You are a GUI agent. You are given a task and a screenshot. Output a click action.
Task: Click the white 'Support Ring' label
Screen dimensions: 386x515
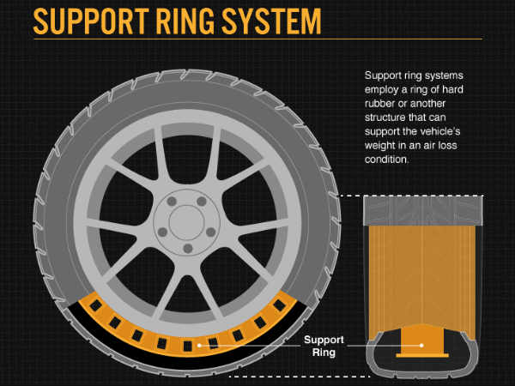325,345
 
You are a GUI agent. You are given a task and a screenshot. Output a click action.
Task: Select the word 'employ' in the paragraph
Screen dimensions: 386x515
385,89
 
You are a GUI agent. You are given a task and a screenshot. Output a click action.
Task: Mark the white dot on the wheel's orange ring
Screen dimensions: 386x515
199,345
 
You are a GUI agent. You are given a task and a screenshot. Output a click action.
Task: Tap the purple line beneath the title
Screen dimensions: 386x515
257,39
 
